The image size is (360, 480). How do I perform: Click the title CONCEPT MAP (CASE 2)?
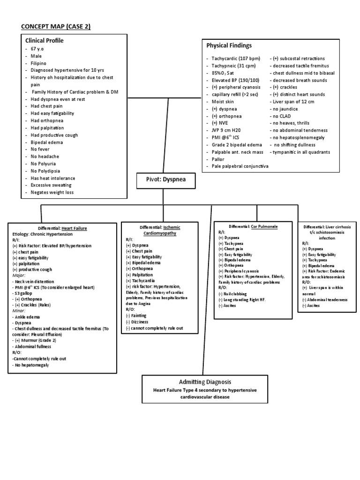coord(55,26)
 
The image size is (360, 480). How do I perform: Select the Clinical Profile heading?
coord(45,41)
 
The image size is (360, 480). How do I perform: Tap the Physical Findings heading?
coord(229,45)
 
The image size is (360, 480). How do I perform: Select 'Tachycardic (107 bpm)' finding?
coord(235,58)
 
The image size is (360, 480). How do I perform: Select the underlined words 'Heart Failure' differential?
coord(75,228)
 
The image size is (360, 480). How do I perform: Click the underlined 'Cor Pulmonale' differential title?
coord(264,226)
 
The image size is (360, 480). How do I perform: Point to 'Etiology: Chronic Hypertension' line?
coord(43,233)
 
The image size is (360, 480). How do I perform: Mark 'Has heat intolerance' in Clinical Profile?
coord(52,178)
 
